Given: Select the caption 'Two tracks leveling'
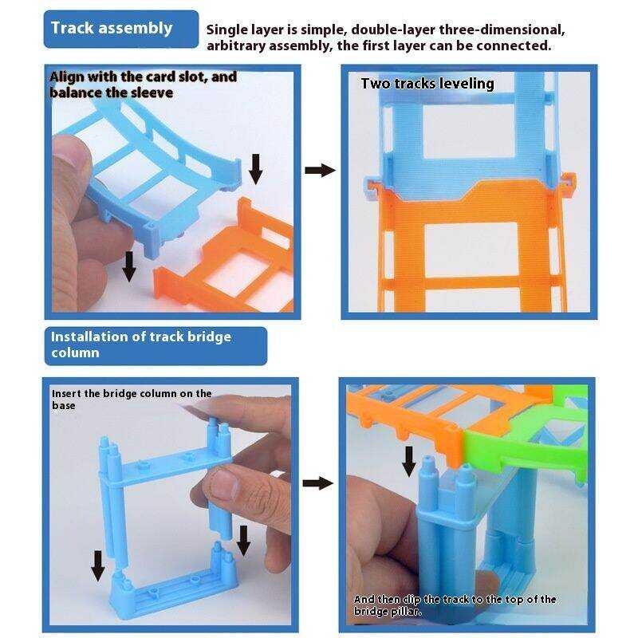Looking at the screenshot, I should [427, 83].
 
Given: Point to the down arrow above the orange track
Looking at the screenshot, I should [255, 167].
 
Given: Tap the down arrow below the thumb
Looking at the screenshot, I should [128, 269].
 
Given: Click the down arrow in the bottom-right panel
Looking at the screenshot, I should [408, 461].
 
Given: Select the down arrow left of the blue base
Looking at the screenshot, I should [97, 565].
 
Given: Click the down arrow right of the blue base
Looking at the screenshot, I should [244, 542].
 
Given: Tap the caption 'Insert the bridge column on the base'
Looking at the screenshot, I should [132, 399].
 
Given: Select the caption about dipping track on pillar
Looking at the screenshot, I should [455, 605].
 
